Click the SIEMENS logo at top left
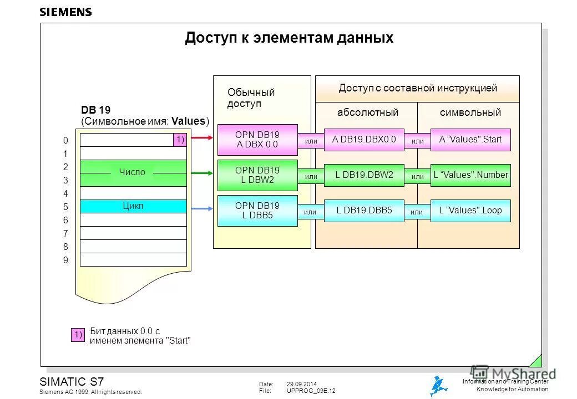point(65,12)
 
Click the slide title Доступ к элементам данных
point(288,38)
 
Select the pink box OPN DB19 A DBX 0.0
point(257,140)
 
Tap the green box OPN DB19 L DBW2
point(257,175)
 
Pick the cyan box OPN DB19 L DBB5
point(257,211)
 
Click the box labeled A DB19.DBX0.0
point(364,140)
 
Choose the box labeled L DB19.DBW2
point(364,175)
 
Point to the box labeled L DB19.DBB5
point(364,211)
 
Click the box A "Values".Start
point(470,140)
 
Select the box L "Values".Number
point(470,175)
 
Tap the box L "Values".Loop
point(470,211)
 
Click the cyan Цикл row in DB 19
point(133,206)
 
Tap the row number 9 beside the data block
point(65,260)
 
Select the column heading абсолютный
point(368,112)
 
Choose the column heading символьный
point(470,112)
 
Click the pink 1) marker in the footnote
point(77,335)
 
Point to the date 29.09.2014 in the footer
point(301,384)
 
